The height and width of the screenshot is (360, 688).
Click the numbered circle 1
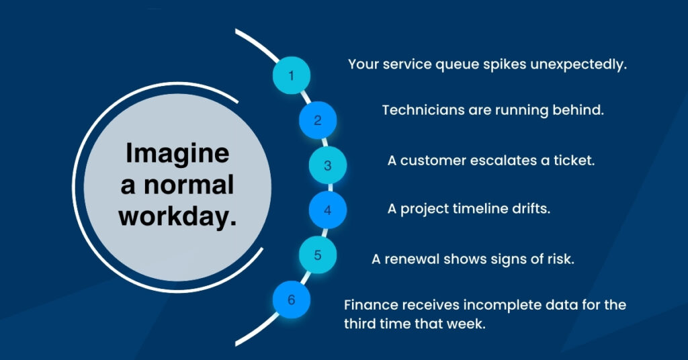[x=292, y=75]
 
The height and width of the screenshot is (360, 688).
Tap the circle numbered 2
[x=318, y=120]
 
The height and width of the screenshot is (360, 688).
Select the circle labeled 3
[x=328, y=165]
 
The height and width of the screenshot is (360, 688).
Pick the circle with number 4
[x=328, y=210]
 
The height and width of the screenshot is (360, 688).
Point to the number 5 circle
[x=318, y=255]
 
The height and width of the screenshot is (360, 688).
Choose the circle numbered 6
[x=292, y=300]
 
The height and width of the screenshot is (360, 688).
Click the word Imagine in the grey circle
[x=177, y=154]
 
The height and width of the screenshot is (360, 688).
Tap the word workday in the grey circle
[x=175, y=216]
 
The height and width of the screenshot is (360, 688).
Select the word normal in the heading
[x=189, y=185]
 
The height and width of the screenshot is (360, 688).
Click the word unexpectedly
[x=578, y=65]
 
